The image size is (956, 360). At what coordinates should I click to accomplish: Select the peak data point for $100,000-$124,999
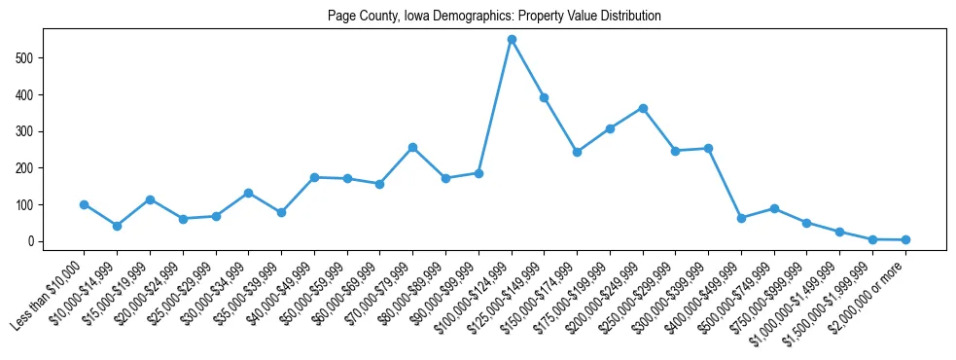click(512, 39)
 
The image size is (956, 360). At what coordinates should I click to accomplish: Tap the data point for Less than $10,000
click(85, 204)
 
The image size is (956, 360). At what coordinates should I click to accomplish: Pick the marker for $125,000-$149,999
click(545, 97)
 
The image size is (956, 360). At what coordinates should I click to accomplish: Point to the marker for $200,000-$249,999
click(643, 108)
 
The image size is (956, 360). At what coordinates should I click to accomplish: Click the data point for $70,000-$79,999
click(412, 147)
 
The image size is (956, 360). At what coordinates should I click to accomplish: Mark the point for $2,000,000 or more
click(905, 239)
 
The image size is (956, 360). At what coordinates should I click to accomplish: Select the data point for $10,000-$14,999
click(117, 226)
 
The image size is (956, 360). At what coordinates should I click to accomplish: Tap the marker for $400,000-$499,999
click(741, 218)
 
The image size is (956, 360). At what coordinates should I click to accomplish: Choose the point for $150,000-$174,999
click(577, 152)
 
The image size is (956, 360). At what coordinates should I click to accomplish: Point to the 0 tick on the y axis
click(33, 241)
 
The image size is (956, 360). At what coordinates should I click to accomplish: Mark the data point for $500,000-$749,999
click(774, 208)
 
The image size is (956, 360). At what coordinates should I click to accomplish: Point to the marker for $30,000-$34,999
click(248, 193)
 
